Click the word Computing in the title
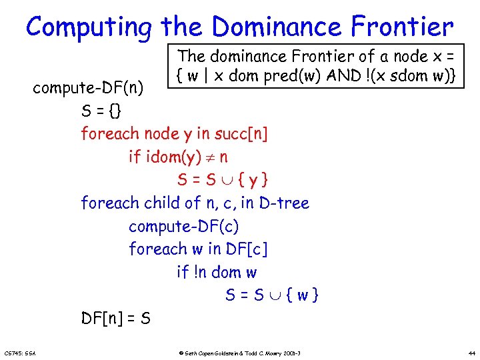pos(89,27)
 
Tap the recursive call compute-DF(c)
pos(184,226)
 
